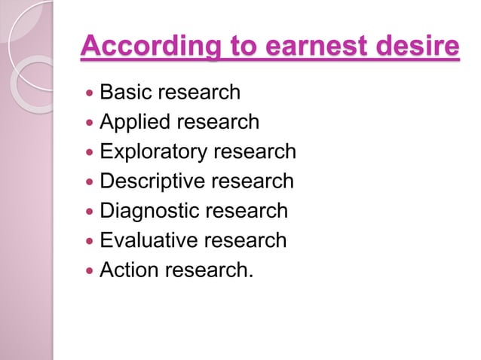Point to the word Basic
123,93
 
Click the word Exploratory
154,151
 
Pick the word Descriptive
151,181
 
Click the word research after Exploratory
255,151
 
